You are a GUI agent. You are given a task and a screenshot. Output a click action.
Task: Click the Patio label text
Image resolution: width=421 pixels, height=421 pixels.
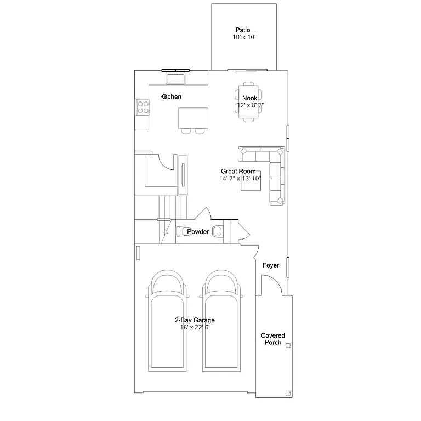coord(243,30)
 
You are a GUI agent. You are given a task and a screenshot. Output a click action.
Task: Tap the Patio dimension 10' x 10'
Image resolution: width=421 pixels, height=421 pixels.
coord(243,38)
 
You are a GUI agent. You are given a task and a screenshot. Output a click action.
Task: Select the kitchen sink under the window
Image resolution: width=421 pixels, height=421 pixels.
coord(176,79)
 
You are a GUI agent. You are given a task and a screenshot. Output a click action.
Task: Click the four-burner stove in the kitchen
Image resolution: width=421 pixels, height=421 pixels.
coord(143,107)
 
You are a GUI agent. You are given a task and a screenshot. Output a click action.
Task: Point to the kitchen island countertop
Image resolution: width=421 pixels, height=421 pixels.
coord(194,117)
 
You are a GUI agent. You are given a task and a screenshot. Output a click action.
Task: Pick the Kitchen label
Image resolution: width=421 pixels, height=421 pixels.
coord(170,97)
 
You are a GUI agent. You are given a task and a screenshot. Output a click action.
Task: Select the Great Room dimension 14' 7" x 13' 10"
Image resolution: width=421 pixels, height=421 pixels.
coord(241,178)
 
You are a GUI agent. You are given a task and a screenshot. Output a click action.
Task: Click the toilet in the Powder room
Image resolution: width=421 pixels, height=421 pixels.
coord(182,231)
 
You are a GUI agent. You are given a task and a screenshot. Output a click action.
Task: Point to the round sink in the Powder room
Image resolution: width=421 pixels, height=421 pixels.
coord(218,231)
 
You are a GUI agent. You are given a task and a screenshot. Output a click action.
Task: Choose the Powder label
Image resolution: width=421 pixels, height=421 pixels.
coord(198,232)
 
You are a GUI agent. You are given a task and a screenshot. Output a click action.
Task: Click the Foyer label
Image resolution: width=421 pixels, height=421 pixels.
coord(271,265)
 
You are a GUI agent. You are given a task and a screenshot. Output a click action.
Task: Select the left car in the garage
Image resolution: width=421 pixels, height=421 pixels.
coord(167,321)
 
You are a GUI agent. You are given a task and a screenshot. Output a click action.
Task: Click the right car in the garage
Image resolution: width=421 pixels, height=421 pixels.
coord(222,321)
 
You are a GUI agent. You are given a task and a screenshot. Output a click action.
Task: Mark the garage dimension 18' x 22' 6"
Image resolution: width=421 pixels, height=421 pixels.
coord(195,327)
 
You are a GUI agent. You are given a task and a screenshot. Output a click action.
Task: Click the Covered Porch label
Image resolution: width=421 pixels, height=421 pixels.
coord(272,339)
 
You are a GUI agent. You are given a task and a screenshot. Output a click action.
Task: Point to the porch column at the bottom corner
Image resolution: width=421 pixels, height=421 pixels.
coord(288,392)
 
